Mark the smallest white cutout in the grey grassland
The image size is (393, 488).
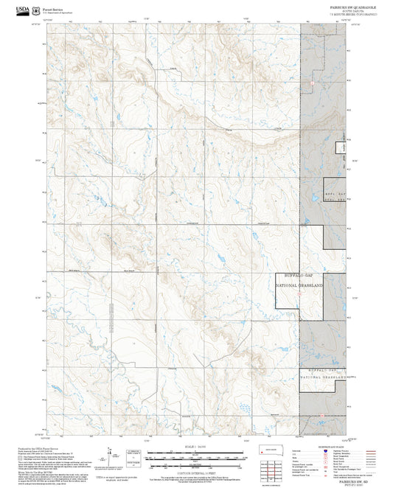(341, 147)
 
